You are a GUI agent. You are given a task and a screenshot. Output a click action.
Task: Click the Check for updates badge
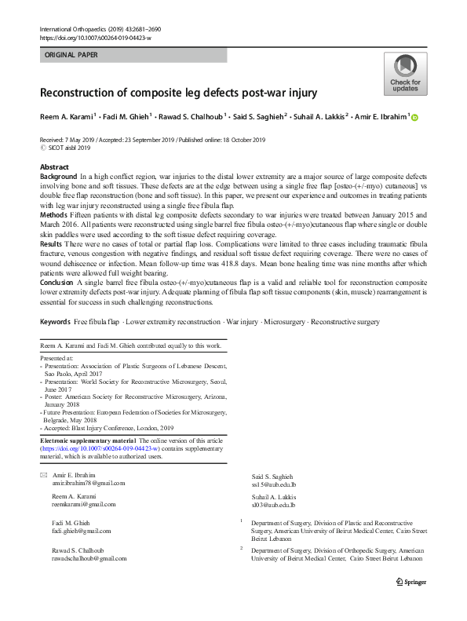pyautogui.click(x=405, y=75)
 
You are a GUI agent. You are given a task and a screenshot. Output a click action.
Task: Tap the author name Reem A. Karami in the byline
pyautogui.click(x=66, y=117)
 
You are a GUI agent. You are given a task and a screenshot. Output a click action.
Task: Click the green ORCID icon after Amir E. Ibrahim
pyautogui.click(x=415, y=118)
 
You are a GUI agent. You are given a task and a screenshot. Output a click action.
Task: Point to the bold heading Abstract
pyautogui.click(x=54, y=168)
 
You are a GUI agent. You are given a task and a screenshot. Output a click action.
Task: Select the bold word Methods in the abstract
pyautogui.click(x=54, y=214)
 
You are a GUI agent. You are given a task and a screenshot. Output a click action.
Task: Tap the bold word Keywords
pyautogui.click(x=55, y=322)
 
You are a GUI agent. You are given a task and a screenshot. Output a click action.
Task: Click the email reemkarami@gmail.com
pyautogui.click(x=83, y=505)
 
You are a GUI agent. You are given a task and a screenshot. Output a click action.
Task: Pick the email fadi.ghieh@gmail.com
pyautogui.click(x=82, y=531)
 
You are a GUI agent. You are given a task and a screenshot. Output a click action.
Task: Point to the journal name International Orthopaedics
pyautogui.click(x=73, y=28)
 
